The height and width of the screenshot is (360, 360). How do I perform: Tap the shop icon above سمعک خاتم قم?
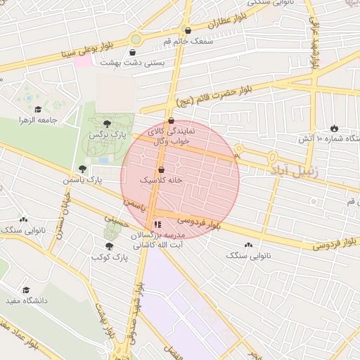[187, 30]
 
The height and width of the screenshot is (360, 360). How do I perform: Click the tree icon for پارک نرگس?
[107, 124]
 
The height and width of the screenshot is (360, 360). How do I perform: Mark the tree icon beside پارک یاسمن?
[83, 169]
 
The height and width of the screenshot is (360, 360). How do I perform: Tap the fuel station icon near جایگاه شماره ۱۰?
[334, 129]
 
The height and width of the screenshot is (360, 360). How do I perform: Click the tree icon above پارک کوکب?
[108, 246]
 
